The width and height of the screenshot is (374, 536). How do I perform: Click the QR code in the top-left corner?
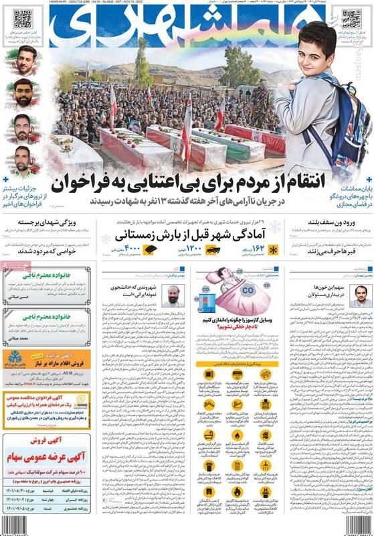pos(22,19)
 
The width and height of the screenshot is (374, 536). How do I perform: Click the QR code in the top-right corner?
pos(351,19)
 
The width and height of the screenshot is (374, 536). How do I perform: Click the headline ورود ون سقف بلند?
pos(332,224)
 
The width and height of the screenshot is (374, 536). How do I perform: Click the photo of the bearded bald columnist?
pos(172,295)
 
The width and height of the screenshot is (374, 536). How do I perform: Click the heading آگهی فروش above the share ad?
pos(49,444)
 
